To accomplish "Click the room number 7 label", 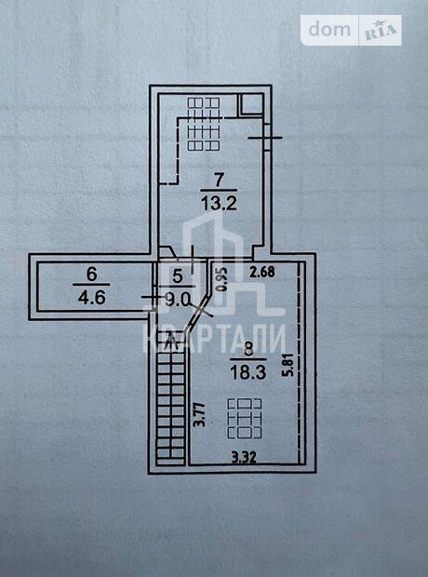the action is [x=219, y=181].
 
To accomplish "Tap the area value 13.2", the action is [x=219, y=203].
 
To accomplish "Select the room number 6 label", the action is [x=91, y=275].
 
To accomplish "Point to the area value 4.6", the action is [x=91, y=297].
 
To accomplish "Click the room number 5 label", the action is [x=178, y=276].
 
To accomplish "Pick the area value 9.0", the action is [x=178, y=301].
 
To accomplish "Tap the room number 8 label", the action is [x=248, y=349].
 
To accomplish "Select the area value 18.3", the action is [x=248, y=372].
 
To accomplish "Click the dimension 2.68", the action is [x=261, y=272].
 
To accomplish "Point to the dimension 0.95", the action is [x=221, y=279].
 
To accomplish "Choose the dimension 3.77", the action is [x=200, y=414].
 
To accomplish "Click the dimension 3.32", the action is [x=244, y=457].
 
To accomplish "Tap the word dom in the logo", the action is [x=329, y=30].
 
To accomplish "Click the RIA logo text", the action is [x=381, y=31].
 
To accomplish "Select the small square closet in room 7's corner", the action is [x=250, y=104].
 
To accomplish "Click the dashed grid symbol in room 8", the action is [x=245, y=419].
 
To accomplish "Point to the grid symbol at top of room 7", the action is [x=204, y=124].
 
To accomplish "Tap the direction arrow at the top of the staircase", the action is [x=171, y=339].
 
